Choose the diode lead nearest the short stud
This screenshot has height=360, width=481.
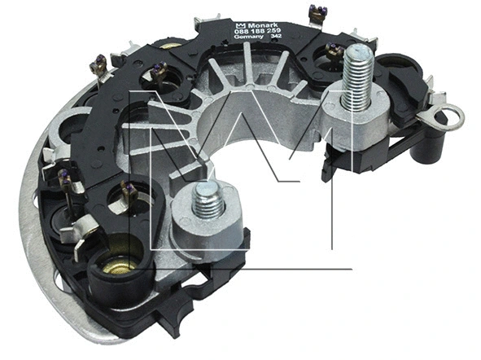[129, 191]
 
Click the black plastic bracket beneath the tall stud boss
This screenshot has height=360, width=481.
[342, 163]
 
